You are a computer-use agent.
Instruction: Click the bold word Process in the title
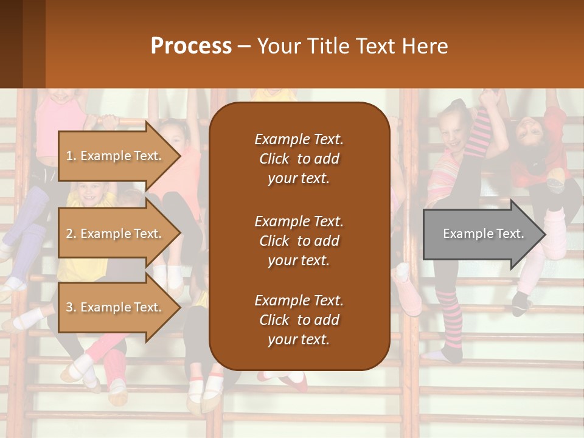[x=191, y=46]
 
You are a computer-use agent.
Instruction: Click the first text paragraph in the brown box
[x=299, y=159]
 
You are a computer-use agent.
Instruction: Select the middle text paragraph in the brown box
[x=299, y=241]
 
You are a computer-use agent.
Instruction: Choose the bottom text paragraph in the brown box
[x=299, y=320]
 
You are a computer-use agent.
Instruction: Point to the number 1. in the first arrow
[x=71, y=156]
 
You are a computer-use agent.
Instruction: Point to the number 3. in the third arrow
[x=71, y=307]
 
